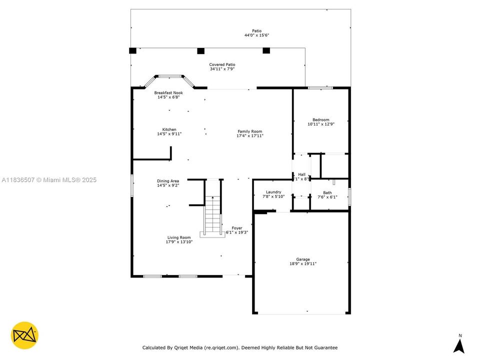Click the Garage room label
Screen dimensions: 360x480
[302, 259]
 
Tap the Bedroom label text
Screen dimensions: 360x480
[320, 120]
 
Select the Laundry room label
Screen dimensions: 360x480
[273, 192]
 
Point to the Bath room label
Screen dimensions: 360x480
[327, 193]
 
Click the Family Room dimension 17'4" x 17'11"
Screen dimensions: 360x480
[249, 136]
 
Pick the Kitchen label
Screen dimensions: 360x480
[169, 129]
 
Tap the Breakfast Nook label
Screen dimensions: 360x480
[168, 93]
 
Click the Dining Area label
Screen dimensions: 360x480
[168, 181]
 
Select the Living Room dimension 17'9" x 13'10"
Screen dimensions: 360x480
[179, 242]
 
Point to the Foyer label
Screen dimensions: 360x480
[237, 228]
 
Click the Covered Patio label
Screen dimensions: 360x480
[222, 64]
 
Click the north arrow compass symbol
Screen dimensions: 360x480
[459, 345]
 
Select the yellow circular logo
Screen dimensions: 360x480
[24, 335]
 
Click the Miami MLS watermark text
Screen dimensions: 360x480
[49, 180]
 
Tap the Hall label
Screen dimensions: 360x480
[301, 174]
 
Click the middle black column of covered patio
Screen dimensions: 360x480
[200, 50]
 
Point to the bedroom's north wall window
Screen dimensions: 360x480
[320, 88]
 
